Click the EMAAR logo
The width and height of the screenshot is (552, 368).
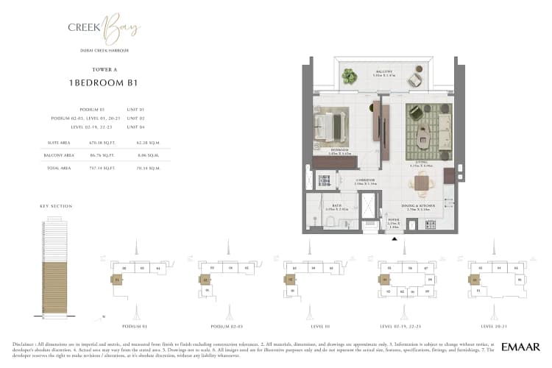(521, 347)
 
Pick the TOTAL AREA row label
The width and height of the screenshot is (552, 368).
(54, 168)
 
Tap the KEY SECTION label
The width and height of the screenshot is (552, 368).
(56, 207)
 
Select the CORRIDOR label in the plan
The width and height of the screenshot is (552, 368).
(366, 180)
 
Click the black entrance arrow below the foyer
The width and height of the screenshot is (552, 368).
(394, 239)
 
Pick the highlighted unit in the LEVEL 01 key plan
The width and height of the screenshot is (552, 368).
(291, 280)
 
